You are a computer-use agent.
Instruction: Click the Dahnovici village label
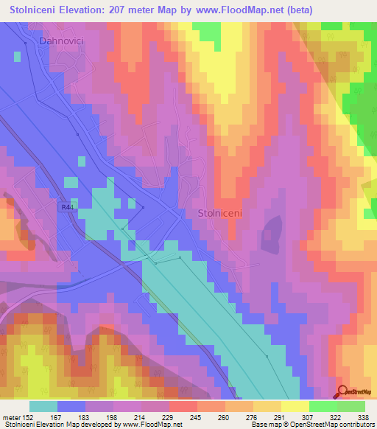tap(58, 43)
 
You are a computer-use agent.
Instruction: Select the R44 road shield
tap(67, 208)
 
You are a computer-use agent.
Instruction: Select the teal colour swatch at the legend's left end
tap(43, 406)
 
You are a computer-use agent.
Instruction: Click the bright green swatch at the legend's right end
tap(351, 406)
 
